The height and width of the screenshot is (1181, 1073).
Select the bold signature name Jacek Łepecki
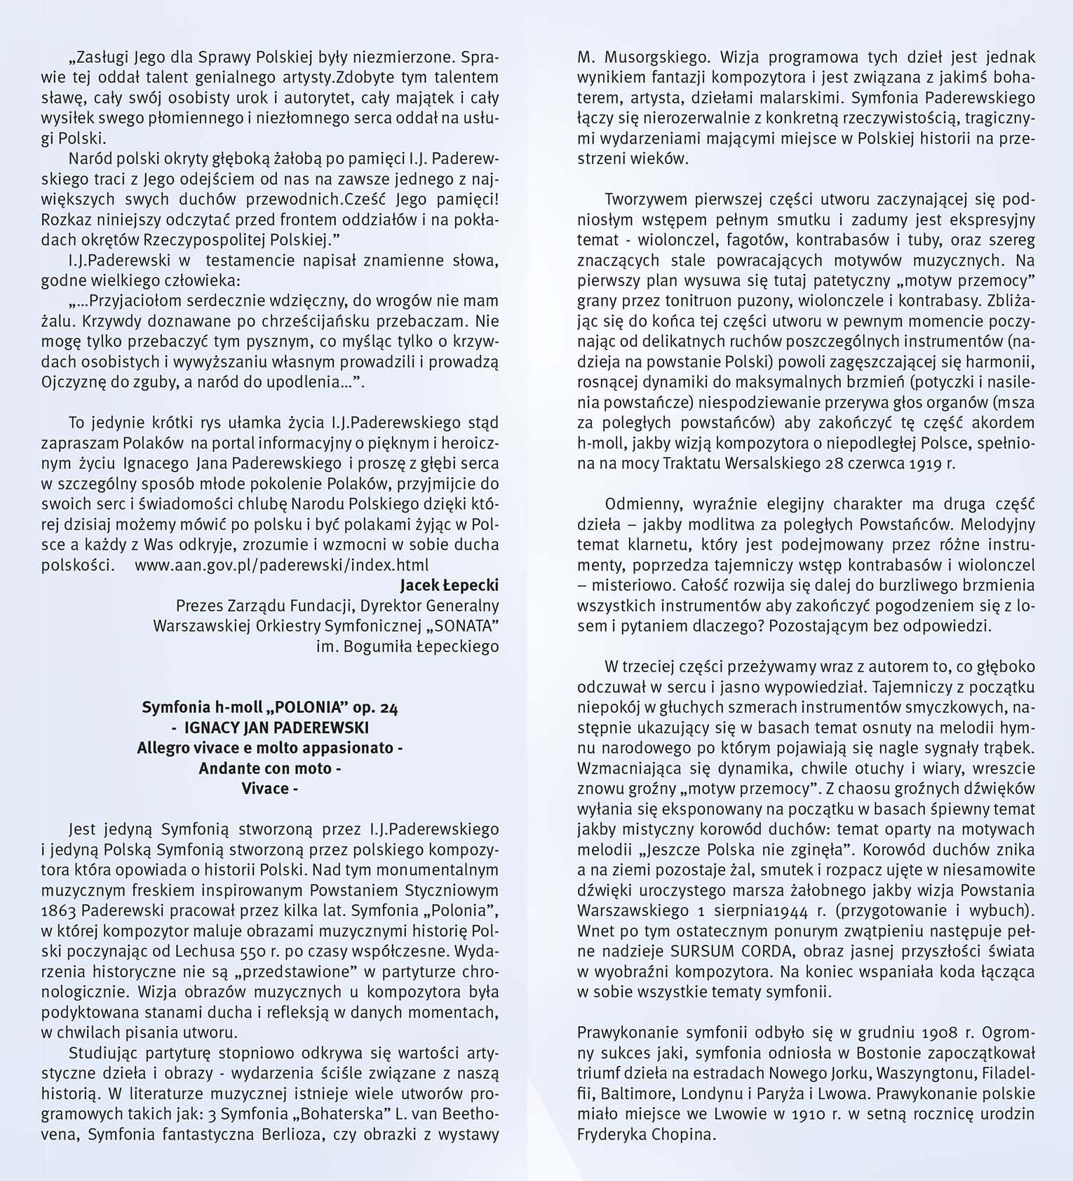[x=449, y=585]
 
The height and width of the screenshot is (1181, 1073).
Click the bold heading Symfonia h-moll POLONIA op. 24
[x=270, y=707]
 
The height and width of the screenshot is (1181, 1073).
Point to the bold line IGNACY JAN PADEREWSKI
[x=270, y=728]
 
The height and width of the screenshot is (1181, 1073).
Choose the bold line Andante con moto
[x=270, y=768]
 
